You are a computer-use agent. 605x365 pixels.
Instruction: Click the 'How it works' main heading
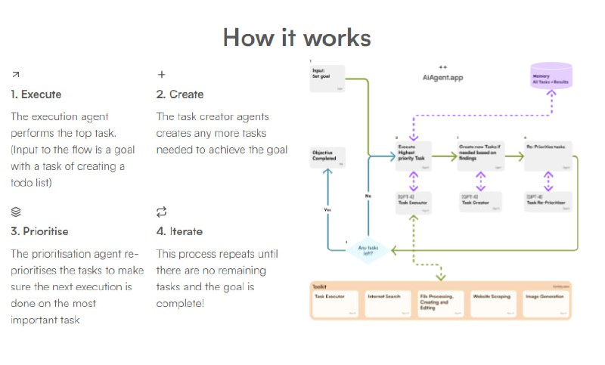[x=296, y=37]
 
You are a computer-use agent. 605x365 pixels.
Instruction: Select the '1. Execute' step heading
[x=36, y=94]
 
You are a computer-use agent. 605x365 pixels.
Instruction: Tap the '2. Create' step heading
[x=180, y=94]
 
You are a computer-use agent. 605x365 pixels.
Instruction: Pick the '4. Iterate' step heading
[x=179, y=231]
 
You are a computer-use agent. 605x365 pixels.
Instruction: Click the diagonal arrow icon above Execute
[x=16, y=74]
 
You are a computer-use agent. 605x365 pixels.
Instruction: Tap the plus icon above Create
[x=161, y=74]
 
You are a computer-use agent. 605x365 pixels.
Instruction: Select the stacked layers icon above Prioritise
[x=16, y=212]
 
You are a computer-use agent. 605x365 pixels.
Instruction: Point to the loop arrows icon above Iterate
[x=161, y=212]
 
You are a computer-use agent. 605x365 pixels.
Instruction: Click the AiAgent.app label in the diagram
[x=442, y=77]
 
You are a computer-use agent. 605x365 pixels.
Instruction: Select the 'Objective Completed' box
[x=327, y=157]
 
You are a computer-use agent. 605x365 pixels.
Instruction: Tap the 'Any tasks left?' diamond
[x=368, y=249]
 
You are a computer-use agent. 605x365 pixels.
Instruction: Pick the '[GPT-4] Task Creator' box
[x=479, y=201]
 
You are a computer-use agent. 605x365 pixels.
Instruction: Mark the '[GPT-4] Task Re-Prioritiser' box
[x=548, y=201]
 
